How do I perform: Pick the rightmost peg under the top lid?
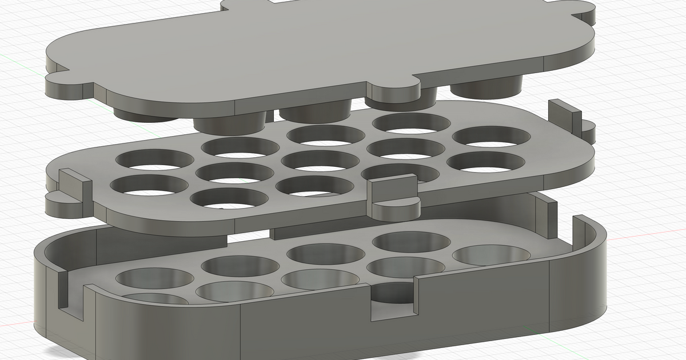(x=486, y=89)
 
